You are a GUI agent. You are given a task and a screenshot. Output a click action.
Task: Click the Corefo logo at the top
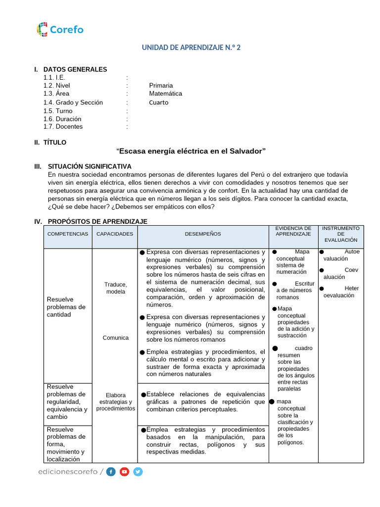[60, 29]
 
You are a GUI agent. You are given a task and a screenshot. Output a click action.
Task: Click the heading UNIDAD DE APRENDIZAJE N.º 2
[191, 48]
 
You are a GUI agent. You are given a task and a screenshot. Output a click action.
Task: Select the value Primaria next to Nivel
[161, 85]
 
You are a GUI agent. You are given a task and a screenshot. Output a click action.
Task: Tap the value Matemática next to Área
[165, 93]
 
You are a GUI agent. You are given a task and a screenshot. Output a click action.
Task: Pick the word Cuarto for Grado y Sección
[158, 102]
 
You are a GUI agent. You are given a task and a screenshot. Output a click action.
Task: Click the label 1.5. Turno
[57, 111]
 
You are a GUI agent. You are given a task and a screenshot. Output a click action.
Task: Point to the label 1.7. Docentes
[63, 126]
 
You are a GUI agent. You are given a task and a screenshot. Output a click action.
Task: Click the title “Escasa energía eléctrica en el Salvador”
[191, 151]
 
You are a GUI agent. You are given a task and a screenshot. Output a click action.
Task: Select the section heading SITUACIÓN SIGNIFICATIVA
[90, 166]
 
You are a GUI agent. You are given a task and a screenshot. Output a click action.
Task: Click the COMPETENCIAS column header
[68, 234]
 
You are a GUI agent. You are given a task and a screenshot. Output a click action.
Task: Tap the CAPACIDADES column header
[115, 234]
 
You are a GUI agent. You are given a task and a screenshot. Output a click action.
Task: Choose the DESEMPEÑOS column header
[203, 234]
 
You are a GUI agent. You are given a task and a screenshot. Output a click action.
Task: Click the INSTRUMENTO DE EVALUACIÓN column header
[340, 234]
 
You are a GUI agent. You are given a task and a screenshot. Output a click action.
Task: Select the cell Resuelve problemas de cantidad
[66, 307]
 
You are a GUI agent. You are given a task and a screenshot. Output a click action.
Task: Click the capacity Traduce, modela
[115, 288]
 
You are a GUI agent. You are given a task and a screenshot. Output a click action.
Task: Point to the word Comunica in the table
[115, 338]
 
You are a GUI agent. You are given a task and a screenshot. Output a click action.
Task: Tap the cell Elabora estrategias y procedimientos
[115, 402]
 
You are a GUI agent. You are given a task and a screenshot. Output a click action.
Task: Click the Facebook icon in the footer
[111, 472]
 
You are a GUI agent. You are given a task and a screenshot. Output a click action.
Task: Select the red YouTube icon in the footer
[124, 472]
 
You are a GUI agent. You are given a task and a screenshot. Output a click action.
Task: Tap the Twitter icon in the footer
[138, 472]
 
